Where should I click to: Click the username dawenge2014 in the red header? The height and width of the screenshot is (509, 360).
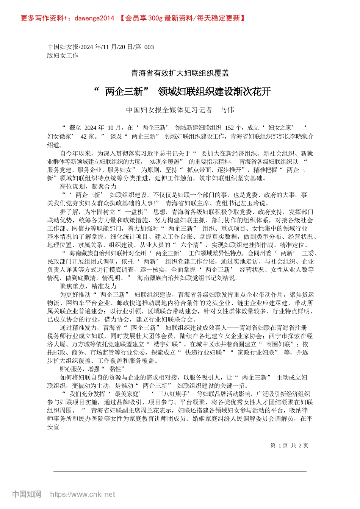tap(94, 18)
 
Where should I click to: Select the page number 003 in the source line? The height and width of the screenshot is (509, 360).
tap(149, 47)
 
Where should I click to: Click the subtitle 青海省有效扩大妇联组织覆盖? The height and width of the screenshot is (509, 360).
tap(180, 73)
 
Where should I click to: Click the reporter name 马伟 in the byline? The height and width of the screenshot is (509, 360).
tap(227, 110)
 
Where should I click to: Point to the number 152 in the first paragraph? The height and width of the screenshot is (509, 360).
tap(229, 128)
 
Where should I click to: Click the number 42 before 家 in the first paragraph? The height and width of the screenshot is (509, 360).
tap(84, 136)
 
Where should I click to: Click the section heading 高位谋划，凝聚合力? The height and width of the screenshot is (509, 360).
tap(88, 186)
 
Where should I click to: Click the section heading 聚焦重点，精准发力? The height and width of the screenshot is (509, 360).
tap(88, 286)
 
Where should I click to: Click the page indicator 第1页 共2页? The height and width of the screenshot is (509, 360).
tap(289, 445)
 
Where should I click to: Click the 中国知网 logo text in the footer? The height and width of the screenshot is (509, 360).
tap(27, 494)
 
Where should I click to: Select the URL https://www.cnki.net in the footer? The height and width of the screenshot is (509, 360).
tap(83, 494)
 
